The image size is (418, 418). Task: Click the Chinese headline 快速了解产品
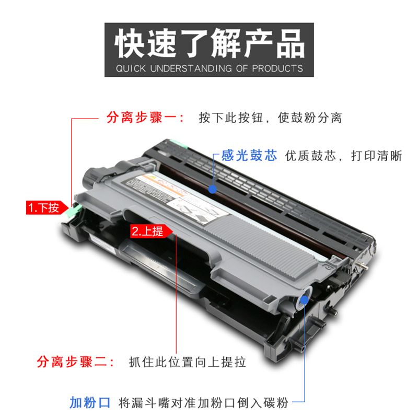pos(209,44)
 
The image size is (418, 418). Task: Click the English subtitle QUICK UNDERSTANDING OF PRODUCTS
pos(209,68)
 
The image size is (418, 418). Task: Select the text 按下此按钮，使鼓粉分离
pos(270,118)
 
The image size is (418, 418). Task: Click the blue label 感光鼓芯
pos(249,156)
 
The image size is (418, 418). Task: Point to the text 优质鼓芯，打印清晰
pos(343,156)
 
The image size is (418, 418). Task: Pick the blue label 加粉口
pos(90,402)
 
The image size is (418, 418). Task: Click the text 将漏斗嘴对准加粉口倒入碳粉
pos(203,402)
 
